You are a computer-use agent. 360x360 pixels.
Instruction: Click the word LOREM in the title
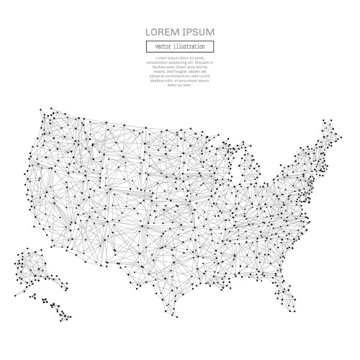162,32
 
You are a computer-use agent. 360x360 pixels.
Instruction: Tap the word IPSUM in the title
198,32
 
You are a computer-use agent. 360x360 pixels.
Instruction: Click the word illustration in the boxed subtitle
189,46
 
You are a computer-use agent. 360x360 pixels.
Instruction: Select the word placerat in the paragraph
155,76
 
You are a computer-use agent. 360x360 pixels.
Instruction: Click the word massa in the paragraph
157,71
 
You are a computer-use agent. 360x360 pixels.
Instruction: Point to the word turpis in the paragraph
206,76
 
